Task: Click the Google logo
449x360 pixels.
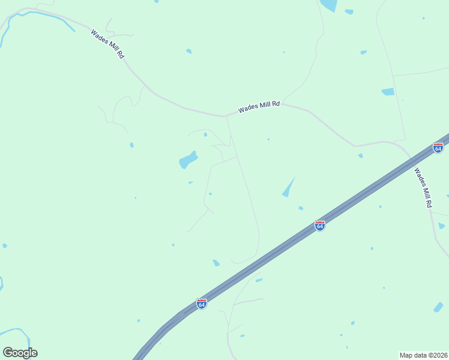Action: [20, 353]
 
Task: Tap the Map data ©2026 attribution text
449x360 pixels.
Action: [423, 355]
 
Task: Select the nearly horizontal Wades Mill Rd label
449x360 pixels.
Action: [259, 107]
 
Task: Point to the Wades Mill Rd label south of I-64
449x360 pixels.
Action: [423, 187]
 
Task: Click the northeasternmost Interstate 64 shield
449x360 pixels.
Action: [438, 148]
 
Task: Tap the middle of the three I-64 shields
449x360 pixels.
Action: [320, 226]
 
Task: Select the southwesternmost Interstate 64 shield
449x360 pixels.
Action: [202, 304]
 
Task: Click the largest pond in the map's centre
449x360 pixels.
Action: [188, 160]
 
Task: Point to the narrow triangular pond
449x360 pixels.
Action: [289, 188]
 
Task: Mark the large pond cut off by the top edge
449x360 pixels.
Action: [328, 5]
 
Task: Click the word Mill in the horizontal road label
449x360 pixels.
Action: [262, 106]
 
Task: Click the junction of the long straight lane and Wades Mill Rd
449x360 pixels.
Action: [226, 116]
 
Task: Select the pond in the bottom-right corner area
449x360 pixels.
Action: [438, 307]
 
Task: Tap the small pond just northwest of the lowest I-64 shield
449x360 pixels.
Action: [216, 263]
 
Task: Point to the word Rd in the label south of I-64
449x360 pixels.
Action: [429, 202]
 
